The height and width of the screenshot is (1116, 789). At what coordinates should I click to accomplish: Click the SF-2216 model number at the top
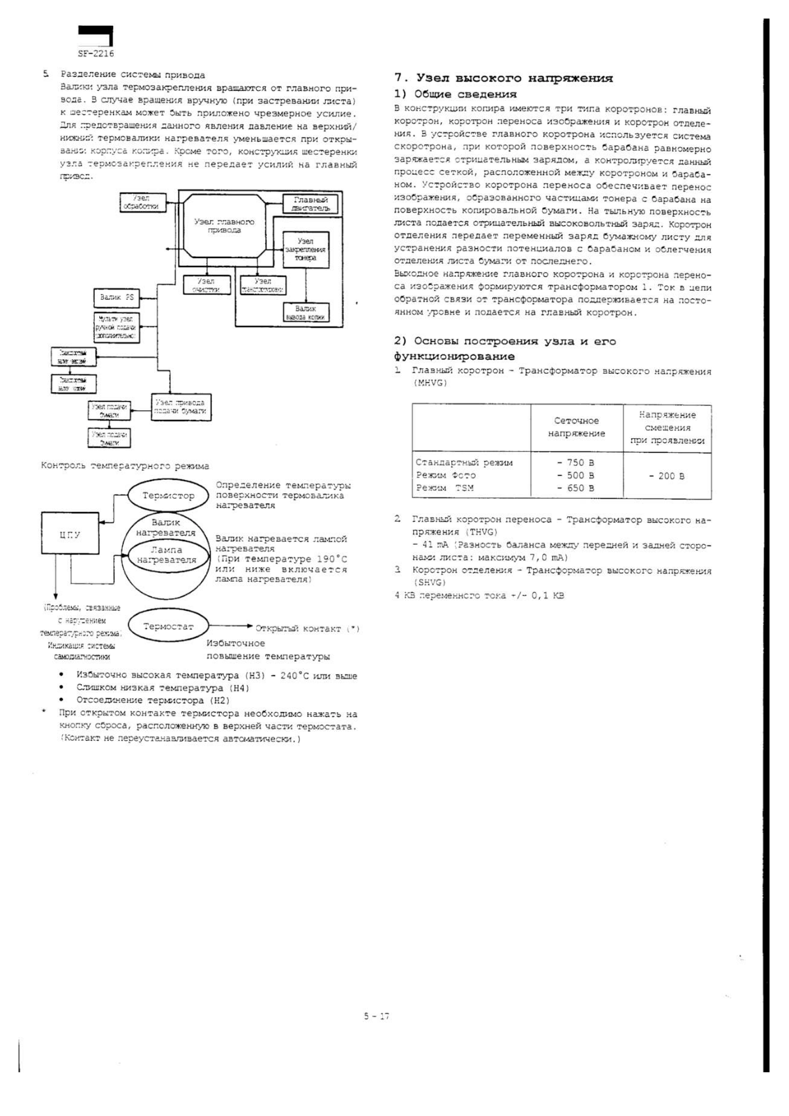click(x=95, y=53)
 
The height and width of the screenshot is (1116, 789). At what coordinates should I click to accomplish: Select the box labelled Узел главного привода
click(x=224, y=225)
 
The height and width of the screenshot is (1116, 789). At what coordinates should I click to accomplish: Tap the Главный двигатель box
click(x=310, y=204)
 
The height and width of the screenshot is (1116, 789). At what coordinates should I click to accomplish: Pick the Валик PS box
click(x=116, y=298)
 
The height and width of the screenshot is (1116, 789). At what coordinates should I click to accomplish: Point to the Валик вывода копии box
click(x=306, y=312)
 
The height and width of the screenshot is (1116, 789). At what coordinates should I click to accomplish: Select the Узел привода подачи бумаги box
click(x=181, y=407)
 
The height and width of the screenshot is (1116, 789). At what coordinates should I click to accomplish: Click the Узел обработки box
click(x=141, y=202)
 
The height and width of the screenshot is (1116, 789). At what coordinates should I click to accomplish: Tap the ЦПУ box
click(x=70, y=535)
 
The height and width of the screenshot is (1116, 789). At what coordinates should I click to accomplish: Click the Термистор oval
click(x=168, y=495)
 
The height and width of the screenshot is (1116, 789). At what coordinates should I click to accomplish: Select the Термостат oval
click(x=168, y=626)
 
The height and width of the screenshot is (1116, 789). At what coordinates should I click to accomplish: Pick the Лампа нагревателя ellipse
click(x=166, y=555)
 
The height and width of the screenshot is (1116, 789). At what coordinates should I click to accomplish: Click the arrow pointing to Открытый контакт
click(x=230, y=627)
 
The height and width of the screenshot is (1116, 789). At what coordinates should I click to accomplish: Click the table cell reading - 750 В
click(x=576, y=462)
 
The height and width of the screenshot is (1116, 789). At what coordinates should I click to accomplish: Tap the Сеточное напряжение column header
click(x=576, y=427)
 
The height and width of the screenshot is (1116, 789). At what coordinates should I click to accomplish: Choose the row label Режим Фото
click(x=446, y=475)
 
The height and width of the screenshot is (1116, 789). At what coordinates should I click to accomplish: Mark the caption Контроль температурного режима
click(x=125, y=465)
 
